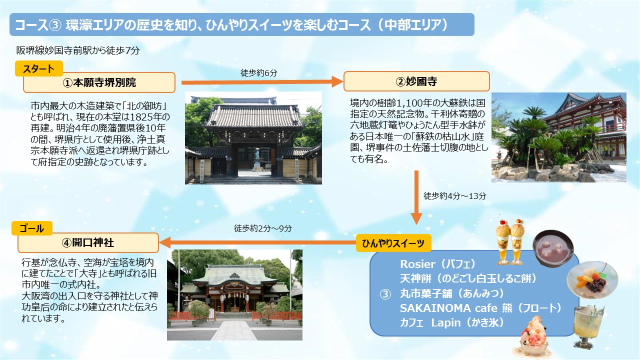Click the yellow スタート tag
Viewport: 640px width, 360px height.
39,68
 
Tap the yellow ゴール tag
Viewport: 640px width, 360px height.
32,228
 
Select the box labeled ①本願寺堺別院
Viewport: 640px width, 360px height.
99,82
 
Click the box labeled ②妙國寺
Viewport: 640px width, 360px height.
416,81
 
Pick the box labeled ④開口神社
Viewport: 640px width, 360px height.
88,242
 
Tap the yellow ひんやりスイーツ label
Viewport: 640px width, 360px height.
393,243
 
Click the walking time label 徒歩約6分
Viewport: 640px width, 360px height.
259,73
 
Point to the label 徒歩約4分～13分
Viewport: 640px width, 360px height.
454,196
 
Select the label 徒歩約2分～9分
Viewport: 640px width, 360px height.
263,228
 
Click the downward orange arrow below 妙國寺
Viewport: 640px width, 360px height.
416,197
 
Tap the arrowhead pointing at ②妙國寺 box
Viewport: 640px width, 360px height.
337,81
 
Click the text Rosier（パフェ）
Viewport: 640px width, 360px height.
437,264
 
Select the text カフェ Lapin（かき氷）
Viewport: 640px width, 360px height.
451,322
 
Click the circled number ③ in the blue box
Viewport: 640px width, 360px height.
385,294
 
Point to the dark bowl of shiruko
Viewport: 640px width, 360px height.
552,248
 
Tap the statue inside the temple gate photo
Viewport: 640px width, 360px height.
257,157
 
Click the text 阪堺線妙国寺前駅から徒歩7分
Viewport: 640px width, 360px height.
78,50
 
